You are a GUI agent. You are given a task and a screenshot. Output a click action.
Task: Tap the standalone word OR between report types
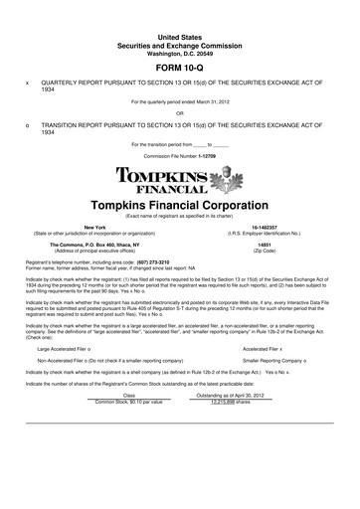pyautogui.click(x=179, y=112)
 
